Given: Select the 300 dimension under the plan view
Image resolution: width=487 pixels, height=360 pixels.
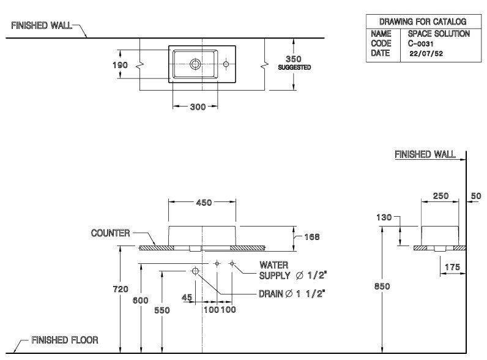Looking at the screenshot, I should point(196,107).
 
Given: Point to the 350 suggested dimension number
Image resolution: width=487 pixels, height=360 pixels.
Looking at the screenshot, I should point(295,59).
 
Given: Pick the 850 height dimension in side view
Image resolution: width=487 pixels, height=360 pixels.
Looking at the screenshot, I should point(382,286).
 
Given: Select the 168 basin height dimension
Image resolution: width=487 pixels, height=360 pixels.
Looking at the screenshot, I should point(312,236).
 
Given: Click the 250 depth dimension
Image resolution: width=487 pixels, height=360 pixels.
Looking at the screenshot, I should point(441,196).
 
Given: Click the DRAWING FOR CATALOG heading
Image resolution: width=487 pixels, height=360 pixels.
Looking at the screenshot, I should point(418,21).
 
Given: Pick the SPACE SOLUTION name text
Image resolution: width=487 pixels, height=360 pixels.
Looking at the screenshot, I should point(439,34).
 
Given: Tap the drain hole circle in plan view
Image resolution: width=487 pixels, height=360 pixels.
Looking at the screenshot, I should point(196,63).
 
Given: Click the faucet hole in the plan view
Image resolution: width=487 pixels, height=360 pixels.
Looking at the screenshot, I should point(226,63).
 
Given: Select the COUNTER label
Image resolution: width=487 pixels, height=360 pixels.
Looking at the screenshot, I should point(110,233).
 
